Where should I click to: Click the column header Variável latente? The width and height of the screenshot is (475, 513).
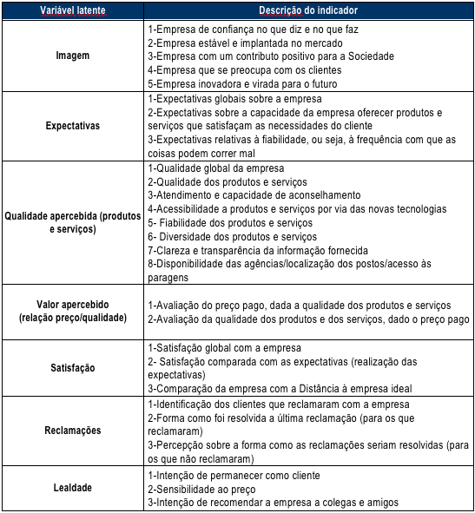click(72, 10)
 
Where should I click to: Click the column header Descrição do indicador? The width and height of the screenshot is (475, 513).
click(308, 10)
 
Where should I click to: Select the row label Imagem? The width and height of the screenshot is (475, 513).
click(72, 56)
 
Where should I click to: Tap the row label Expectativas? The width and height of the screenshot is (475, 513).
click(72, 126)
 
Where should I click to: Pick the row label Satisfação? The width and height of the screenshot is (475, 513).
click(72, 368)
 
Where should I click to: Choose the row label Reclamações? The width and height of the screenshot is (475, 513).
click(72, 431)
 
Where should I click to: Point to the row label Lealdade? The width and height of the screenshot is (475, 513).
click(72, 489)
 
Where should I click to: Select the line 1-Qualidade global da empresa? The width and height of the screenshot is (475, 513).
click(216, 168)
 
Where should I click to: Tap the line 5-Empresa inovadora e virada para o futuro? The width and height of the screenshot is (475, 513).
click(242, 84)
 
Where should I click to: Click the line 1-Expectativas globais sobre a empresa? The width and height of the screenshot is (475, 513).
click(233, 98)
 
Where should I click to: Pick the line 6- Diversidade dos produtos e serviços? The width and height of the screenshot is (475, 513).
click(233, 237)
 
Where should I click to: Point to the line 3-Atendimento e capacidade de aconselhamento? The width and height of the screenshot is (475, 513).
click(254, 195)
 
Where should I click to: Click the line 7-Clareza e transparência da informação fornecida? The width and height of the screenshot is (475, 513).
click(258, 251)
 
